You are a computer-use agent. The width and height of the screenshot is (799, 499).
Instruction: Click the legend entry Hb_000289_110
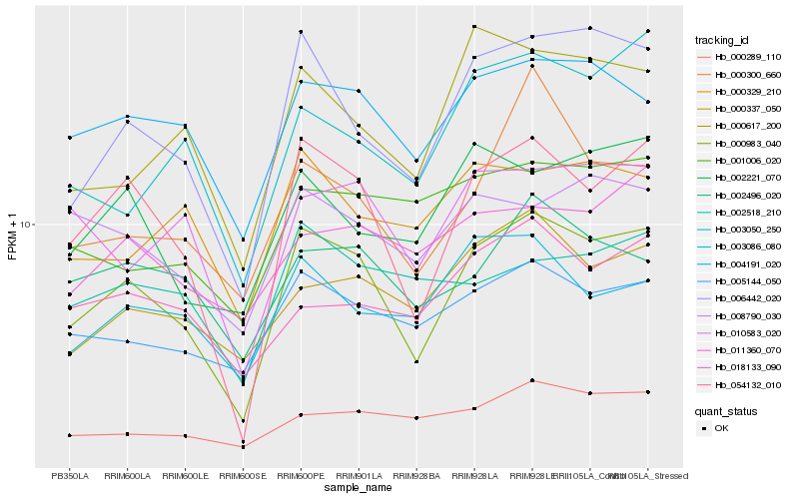[x=747, y=57]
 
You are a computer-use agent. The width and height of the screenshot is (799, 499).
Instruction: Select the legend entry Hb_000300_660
[x=747, y=75]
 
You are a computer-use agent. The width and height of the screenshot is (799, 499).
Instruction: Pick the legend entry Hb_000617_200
[x=747, y=126]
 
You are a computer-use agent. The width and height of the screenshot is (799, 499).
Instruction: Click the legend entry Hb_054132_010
[x=747, y=384]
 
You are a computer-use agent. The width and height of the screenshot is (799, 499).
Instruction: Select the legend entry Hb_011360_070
[x=747, y=349]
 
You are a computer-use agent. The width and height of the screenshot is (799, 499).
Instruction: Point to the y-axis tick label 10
[x=26, y=226]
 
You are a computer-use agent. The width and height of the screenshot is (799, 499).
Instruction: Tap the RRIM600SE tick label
[x=243, y=475]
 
